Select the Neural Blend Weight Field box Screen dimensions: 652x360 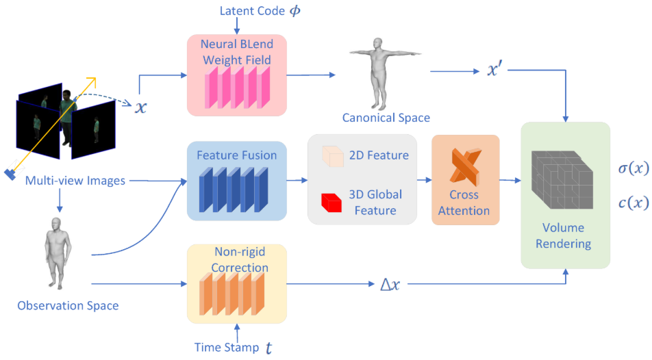pyautogui.click(x=236, y=75)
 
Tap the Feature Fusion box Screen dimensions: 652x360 pyautogui.click(x=236, y=181)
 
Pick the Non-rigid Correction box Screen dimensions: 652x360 pyautogui.click(x=236, y=283)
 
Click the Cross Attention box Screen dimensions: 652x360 pyautogui.click(x=465, y=180)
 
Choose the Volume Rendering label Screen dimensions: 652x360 pyautogui.click(x=564, y=235)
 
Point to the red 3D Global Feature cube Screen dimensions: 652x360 pyautogui.click(x=331, y=203)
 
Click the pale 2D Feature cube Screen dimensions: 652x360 pyautogui.click(x=333, y=156)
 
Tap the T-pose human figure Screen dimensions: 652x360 pyautogui.click(x=385, y=73)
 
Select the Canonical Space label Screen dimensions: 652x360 pyautogui.click(x=386, y=118)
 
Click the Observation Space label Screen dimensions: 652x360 pyautogui.click(x=68, y=306)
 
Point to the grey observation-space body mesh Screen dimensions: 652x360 pyautogui.click(x=58, y=253)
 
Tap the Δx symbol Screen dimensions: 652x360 pyautogui.click(x=390, y=284)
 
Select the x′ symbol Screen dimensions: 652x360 pyautogui.click(x=493, y=69)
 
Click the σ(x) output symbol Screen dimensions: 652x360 pyautogui.click(x=634, y=168)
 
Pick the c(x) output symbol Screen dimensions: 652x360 pyautogui.click(x=634, y=203)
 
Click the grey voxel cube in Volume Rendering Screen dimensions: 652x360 pyautogui.click(x=562, y=179)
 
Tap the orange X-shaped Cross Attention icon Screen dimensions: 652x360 pyautogui.click(x=465, y=167)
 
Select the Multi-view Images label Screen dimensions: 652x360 pyautogui.click(x=75, y=181)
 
